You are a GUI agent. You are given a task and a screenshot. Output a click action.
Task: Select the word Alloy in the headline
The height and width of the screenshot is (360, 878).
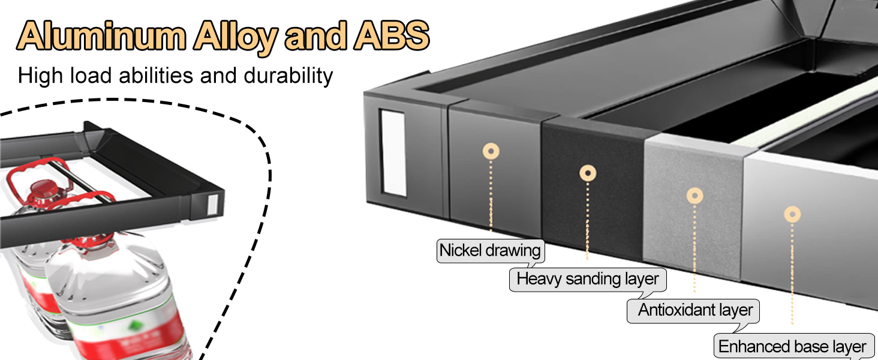pos(236,37)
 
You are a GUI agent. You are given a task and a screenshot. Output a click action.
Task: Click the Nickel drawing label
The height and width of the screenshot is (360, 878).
pos(490,250)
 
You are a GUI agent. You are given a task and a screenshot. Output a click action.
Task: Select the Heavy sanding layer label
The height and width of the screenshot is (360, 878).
pos(588,279)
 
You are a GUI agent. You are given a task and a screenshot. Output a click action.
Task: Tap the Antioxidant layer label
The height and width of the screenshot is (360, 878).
pos(695,310)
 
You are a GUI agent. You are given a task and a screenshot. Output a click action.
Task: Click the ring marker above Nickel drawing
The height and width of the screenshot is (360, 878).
pos(491,151)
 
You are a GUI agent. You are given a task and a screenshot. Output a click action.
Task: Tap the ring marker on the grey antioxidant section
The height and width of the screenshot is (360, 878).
pos(694,195)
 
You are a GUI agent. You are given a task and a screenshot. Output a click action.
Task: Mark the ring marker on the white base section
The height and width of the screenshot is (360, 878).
pos(792,214)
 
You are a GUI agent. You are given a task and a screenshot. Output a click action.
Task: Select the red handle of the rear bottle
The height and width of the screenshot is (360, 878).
pos(36,171)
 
